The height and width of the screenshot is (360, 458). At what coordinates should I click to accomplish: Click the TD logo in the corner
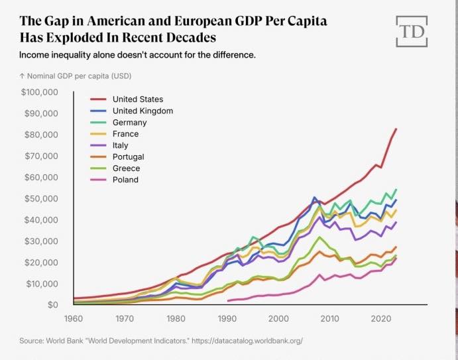coord(412,31)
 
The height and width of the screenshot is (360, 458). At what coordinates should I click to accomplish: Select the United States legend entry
coord(127,99)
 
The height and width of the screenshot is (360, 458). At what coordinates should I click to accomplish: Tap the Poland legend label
coord(125,180)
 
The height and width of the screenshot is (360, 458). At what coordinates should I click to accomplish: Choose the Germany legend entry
coord(119,123)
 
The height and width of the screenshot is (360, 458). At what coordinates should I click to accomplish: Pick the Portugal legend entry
coord(117,157)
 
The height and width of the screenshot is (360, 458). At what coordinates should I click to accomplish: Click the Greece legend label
coord(126,168)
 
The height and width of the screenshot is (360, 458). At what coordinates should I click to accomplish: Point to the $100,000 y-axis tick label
coord(39,92)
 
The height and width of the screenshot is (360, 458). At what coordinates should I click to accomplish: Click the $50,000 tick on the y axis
coord(41,199)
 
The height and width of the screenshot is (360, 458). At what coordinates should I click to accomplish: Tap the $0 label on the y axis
coord(53,305)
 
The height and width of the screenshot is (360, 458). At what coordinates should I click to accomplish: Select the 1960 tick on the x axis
coord(74,318)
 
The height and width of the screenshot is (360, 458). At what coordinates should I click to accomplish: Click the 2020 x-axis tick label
coord(381,318)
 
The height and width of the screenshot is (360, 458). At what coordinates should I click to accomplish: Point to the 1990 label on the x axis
coord(227,318)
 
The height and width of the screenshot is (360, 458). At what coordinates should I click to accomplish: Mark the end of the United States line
coord(396,129)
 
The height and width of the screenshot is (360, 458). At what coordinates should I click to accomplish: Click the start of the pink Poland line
coord(228,301)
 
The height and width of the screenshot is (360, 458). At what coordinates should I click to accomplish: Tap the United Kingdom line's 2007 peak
coord(314,198)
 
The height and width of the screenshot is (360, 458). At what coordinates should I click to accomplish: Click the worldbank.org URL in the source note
coord(247,341)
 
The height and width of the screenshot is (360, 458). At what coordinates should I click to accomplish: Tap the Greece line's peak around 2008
coord(319,237)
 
